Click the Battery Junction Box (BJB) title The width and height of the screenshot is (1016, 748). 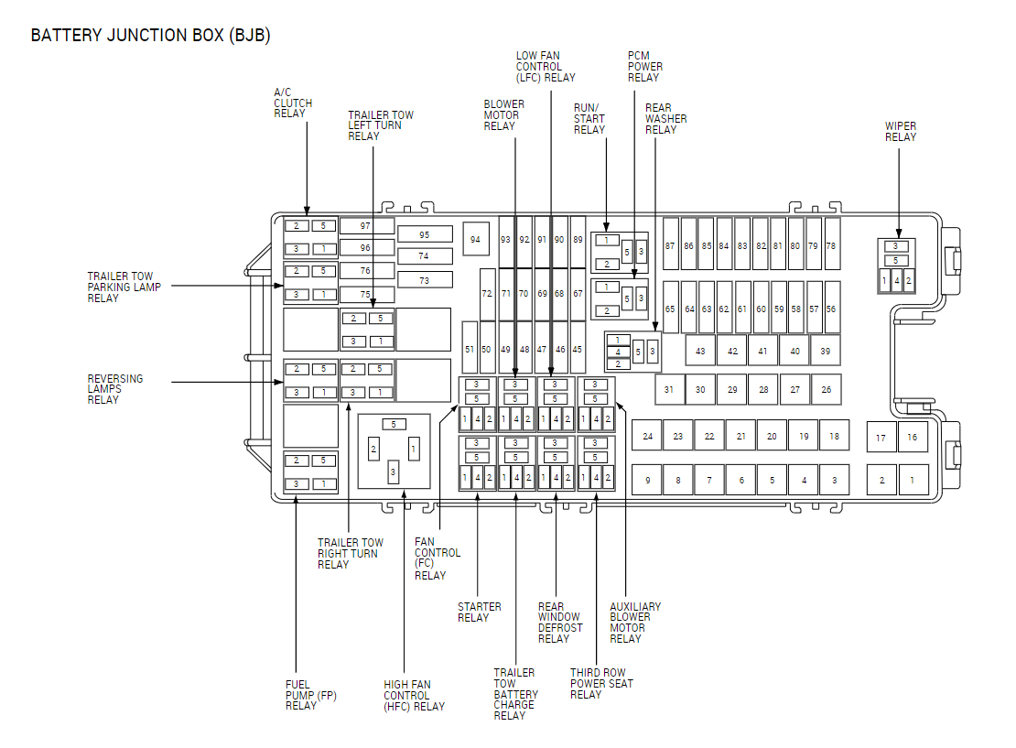point(150,36)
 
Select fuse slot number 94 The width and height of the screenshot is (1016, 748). point(475,239)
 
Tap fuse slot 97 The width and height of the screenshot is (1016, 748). point(366,225)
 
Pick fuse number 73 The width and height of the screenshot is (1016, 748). point(424,280)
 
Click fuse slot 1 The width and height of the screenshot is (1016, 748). point(913,480)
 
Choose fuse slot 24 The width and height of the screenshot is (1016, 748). point(647,436)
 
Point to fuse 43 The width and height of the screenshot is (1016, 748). point(700,351)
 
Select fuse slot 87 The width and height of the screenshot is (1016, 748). point(670,245)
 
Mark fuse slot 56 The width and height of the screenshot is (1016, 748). point(831,309)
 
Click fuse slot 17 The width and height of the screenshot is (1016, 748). point(881,438)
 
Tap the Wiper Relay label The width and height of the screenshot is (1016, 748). point(901,132)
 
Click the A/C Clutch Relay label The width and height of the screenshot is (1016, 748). point(293,103)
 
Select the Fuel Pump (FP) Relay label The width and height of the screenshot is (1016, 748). point(311,695)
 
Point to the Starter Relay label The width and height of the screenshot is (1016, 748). point(480,612)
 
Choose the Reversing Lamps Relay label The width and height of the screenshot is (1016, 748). point(115,389)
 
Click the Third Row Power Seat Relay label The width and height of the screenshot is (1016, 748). point(601,683)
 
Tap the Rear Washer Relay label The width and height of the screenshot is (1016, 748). point(665,119)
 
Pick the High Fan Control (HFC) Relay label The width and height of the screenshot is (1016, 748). point(414,695)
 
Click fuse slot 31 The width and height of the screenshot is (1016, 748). point(669,390)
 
